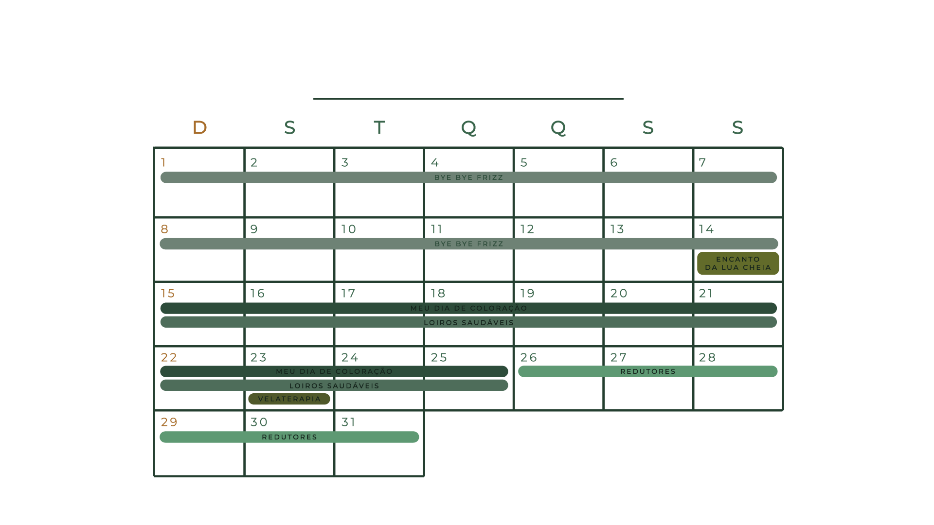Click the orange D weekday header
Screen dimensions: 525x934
click(x=200, y=128)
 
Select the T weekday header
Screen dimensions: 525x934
click(x=379, y=128)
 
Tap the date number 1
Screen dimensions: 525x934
click(x=163, y=162)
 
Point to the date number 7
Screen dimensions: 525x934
click(x=702, y=162)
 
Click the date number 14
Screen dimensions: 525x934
click(x=706, y=229)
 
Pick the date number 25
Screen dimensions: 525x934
click(x=439, y=358)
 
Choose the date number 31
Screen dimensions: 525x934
click(x=348, y=422)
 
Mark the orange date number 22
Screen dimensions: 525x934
click(x=169, y=358)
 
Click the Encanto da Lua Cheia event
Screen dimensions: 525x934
click(x=737, y=263)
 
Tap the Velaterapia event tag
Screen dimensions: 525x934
click(x=289, y=399)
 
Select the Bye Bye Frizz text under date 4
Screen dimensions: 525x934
click(x=468, y=177)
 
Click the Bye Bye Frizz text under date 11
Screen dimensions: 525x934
click(x=468, y=244)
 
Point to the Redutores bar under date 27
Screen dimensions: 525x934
click(x=647, y=371)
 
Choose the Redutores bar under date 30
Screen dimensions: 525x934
click(x=289, y=437)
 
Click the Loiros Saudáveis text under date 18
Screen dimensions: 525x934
click(x=468, y=322)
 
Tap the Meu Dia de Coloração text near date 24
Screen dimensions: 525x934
click(x=334, y=371)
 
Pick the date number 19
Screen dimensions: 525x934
click(x=527, y=294)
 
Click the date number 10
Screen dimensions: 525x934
click(x=348, y=229)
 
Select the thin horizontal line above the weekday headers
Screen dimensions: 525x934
click(x=468, y=99)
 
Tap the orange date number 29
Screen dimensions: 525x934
click(x=169, y=422)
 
